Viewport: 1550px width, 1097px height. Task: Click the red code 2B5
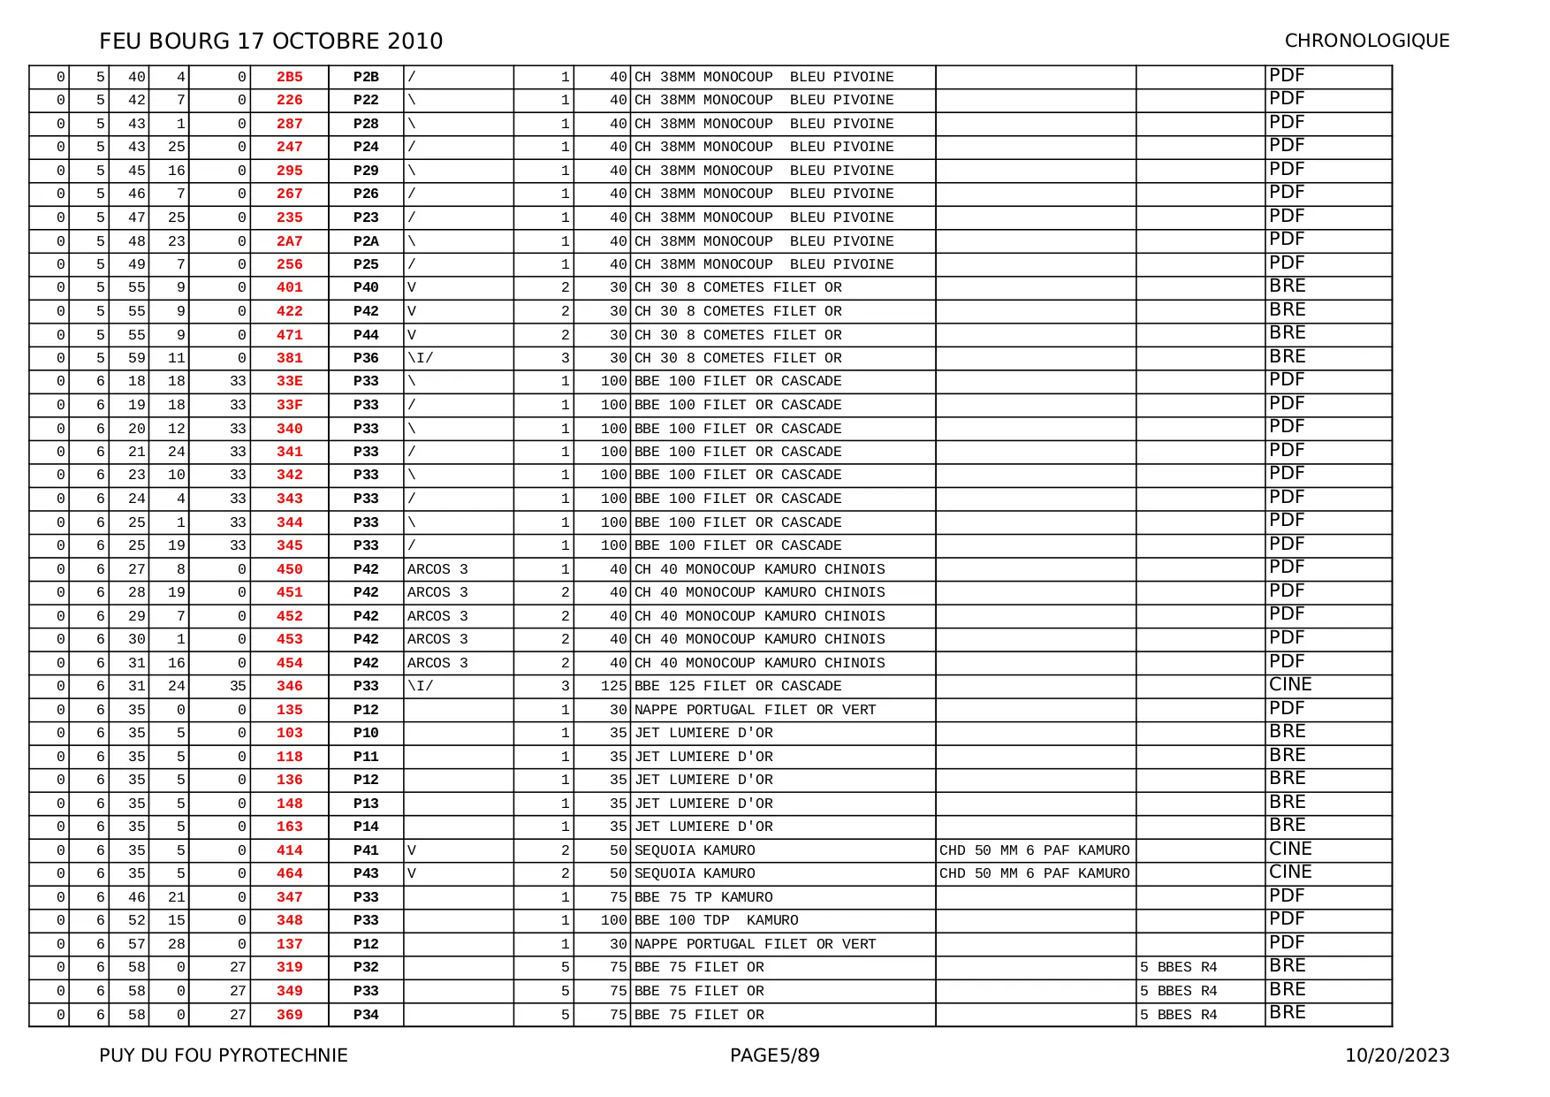289,77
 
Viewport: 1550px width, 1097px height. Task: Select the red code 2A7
289,241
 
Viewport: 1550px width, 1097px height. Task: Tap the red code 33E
289,381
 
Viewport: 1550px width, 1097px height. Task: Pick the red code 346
289,686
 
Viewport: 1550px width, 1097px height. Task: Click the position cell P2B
366,77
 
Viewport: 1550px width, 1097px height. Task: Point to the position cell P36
366,358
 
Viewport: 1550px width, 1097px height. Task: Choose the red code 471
289,335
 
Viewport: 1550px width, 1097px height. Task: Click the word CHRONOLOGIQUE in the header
1366,41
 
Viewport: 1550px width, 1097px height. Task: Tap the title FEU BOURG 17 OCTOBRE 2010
271,41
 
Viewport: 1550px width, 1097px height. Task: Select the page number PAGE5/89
774,1055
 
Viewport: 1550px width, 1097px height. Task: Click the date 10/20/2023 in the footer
1397,1055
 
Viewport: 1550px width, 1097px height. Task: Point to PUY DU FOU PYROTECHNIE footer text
224,1055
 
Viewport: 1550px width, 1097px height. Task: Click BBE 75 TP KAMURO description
703,897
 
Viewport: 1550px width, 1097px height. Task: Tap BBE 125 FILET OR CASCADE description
738,686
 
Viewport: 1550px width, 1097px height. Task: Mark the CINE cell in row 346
1290,684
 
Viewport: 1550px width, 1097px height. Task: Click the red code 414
289,850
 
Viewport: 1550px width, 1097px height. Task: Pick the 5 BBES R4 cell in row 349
1178,991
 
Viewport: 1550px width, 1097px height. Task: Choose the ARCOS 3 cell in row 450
437,569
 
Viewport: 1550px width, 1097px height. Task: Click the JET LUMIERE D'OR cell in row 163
703,827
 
